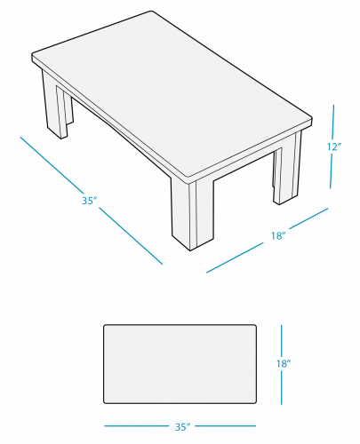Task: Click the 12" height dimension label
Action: click(334, 147)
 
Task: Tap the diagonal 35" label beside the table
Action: click(90, 201)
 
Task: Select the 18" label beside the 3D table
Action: click(278, 235)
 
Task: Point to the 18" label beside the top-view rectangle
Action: click(284, 363)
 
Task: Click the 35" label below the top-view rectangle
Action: click(182, 427)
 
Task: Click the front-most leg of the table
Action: click(192, 215)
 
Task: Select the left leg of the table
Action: click(56, 105)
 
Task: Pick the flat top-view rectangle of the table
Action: click(180, 364)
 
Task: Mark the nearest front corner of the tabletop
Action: click(190, 180)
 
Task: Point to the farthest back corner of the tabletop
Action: click(152, 12)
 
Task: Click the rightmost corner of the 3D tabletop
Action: click(312, 119)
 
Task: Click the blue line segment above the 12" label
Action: click(333, 122)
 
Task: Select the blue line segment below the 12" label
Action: click(332, 171)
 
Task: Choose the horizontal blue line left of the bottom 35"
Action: click(137, 426)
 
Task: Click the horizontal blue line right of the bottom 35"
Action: click(225, 426)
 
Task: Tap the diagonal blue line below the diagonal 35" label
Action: click(131, 236)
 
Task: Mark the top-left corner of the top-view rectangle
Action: click(104, 325)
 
